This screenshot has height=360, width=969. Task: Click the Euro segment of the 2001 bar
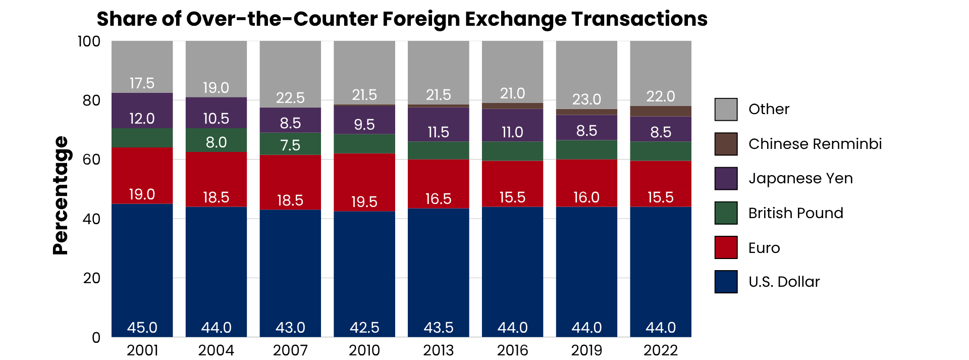pyautogui.click(x=142, y=175)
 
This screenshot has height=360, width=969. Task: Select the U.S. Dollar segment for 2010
pyautogui.click(x=364, y=273)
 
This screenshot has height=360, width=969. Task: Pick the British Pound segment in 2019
pyautogui.click(x=586, y=149)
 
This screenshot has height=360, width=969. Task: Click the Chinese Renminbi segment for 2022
pyautogui.click(x=661, y=111)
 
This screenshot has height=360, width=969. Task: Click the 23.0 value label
pyautogui.click(x=586, y=99)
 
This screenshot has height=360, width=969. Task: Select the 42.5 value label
pyautogui.click(x=364, y=328)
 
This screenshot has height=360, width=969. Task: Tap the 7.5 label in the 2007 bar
pyautogui.click(x=290, y=145)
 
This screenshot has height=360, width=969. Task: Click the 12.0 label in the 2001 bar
pyautogui.click(x=142, y=119)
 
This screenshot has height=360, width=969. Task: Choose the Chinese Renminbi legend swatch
pyautogui.click(x=726, y=144)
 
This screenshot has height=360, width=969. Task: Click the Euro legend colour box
pyautogui.click(x=726, y=247)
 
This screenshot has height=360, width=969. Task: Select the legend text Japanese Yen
pyautogui.click(x=800, y=178)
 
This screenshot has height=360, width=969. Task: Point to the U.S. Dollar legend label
pyautogui.click(x=784, y=282)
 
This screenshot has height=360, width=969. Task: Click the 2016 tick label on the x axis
pyautogui.click(x=512, y=350)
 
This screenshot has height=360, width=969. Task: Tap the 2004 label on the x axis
pyautogui.click(x=216, y=350)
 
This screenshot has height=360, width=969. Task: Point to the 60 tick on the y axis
pyautogui.click(x=92, y=160)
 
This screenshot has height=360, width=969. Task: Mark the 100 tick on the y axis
pyautogui.click(x=89, y=41)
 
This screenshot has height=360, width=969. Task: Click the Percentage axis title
pyautogui.click(x=61, y=195)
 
